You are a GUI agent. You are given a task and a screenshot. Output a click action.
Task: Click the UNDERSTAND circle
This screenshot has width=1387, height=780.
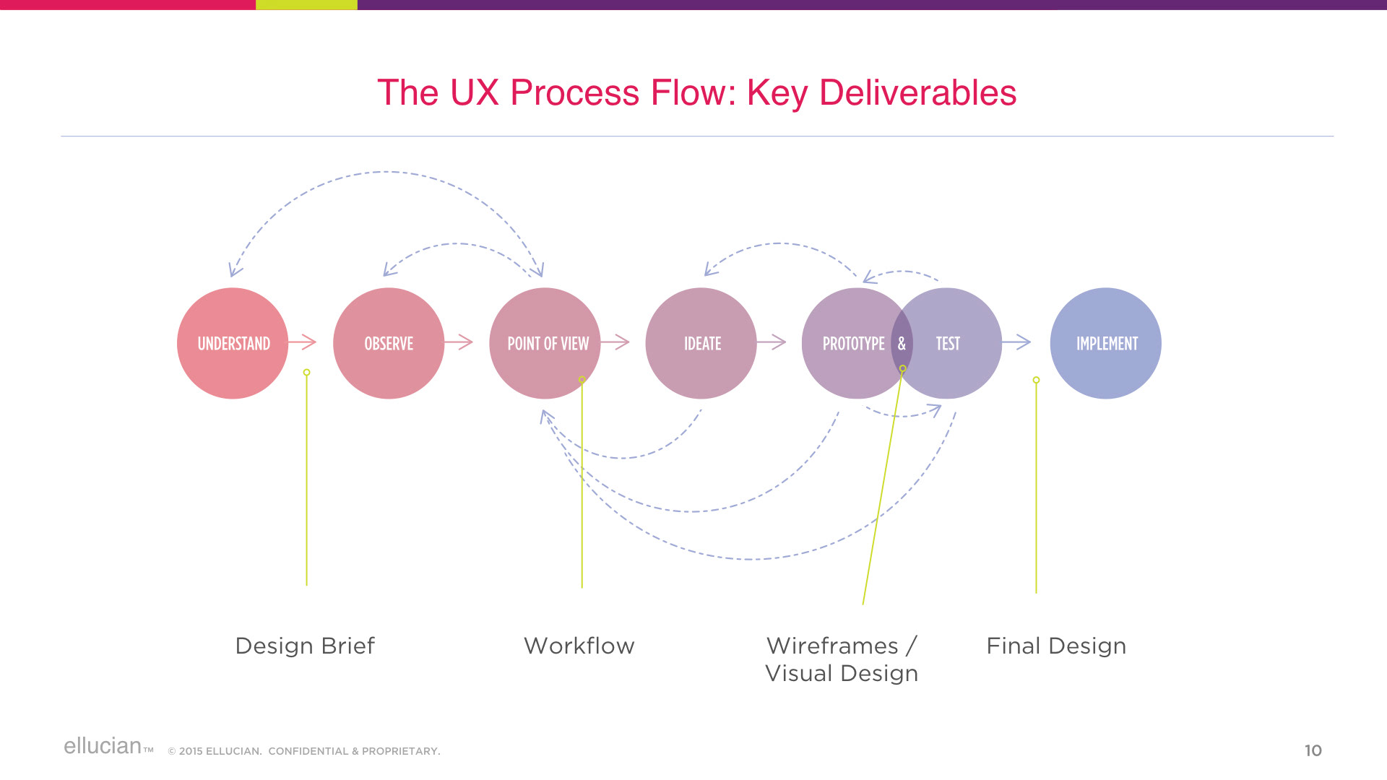click(233, 343)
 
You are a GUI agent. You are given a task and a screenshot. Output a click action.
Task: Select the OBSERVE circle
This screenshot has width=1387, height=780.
click(389, 343)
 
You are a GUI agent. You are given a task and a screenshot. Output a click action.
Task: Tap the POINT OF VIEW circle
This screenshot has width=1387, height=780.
click(545, 343)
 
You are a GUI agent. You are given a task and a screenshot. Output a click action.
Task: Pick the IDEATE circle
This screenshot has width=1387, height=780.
click(701, 343)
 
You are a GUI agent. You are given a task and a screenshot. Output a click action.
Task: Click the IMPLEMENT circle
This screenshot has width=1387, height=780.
click(1106, 343)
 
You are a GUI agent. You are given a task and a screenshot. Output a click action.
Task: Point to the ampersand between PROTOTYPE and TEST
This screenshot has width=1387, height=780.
click(902, 344)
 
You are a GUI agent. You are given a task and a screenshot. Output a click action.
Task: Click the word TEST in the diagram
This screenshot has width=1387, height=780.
click(948, 344)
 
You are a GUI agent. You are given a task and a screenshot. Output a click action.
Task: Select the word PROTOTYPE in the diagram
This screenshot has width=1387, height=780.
click(853, 344)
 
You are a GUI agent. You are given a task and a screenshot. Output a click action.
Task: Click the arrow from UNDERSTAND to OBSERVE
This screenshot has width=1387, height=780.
click(303, 342)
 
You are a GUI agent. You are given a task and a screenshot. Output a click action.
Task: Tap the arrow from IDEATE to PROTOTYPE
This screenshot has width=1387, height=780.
click(772, 342)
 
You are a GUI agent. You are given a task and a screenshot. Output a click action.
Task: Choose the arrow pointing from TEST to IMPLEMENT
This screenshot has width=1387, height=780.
click(1016, 342)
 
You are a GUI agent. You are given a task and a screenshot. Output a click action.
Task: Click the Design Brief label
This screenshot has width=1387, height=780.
click(305, 646)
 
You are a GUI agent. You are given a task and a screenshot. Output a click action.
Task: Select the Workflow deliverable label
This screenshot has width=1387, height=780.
click(579, 646)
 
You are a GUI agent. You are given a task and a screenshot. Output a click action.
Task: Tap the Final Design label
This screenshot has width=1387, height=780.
click(1056, 646)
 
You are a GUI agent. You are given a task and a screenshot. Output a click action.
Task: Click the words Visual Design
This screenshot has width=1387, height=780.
click(842, 673)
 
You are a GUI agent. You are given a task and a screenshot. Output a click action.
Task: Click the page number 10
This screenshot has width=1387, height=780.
click(1313, 750)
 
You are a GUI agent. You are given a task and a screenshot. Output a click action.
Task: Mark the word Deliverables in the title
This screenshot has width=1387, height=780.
click(917, 92)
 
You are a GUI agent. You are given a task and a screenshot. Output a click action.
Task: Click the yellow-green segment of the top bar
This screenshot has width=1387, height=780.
click(306, 4)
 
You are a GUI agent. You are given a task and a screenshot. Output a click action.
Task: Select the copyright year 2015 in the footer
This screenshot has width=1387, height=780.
click(191, 751)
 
